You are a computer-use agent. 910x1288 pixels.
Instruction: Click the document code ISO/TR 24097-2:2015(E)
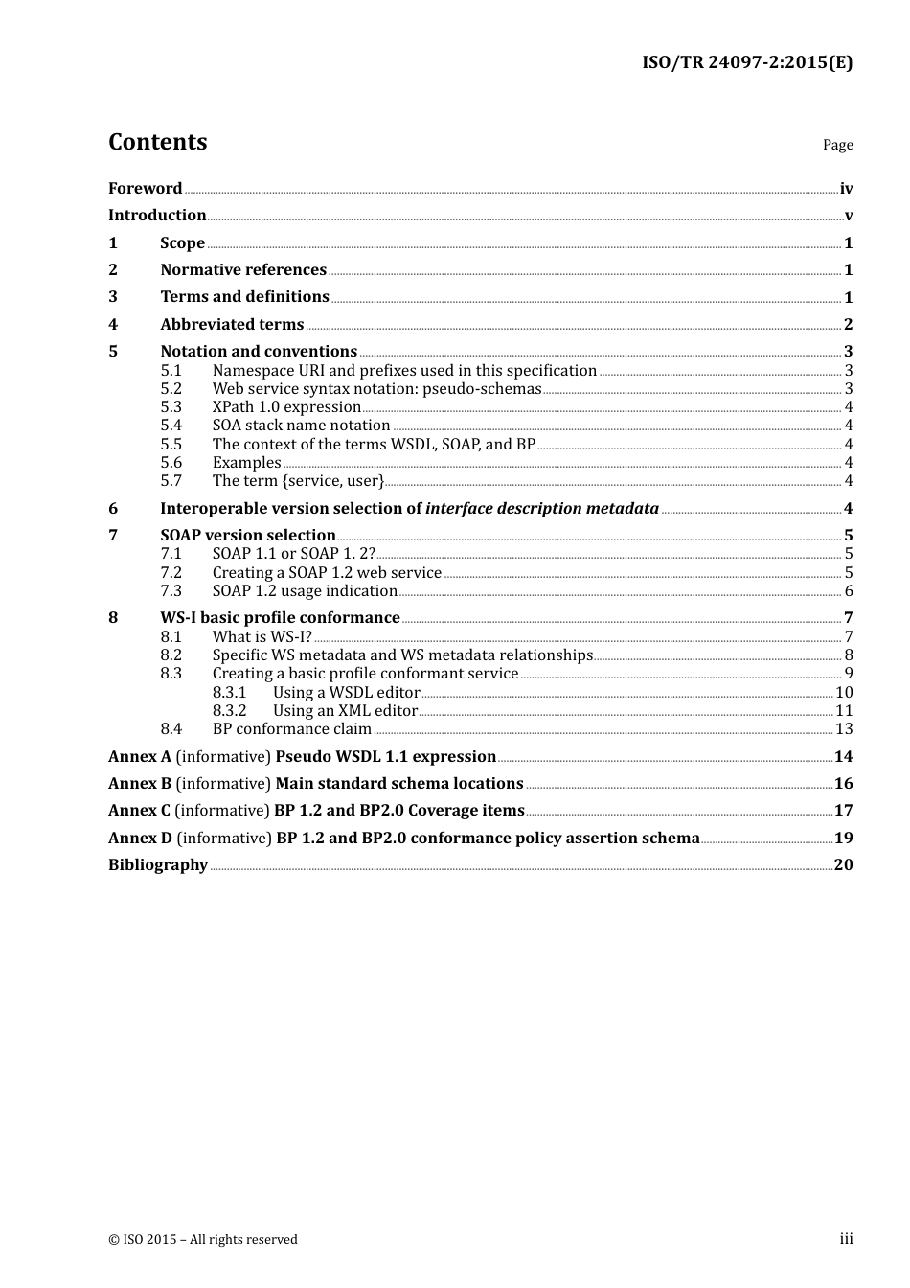tap(746, 62)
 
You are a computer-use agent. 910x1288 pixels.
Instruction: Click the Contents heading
tap(157, 142)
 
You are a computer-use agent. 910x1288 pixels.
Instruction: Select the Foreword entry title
tap(145, 189)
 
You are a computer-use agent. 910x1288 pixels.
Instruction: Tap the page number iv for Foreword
tap(846, 189)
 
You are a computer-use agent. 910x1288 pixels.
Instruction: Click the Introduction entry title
tap(157, 216)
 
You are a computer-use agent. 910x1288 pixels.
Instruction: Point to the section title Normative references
tap(243, 270)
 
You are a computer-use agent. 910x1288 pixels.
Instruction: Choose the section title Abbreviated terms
tap(232, 325)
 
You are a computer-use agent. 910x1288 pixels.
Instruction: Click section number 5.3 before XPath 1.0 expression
tap(171, 407)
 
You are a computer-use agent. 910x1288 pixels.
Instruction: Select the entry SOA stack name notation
tap(301, 425)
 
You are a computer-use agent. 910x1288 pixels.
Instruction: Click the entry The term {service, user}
tap(298, 481)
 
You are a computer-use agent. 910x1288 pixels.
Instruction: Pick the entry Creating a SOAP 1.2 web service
tap(327, 573)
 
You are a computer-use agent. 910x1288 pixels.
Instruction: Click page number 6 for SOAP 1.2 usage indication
tap(849, 591)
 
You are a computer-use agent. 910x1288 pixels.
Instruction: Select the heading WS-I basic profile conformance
tap(280, 618)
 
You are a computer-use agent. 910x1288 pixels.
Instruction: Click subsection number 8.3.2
tap(229, 711)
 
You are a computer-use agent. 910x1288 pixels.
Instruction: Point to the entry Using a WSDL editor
tap(346, 693)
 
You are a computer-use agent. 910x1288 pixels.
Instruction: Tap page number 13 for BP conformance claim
tap(844, 729)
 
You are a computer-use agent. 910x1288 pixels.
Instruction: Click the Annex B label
tap(140, 784)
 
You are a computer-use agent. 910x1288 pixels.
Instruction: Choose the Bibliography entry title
tap(158, 865)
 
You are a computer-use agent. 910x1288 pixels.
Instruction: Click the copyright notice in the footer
tap(203, 1240)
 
